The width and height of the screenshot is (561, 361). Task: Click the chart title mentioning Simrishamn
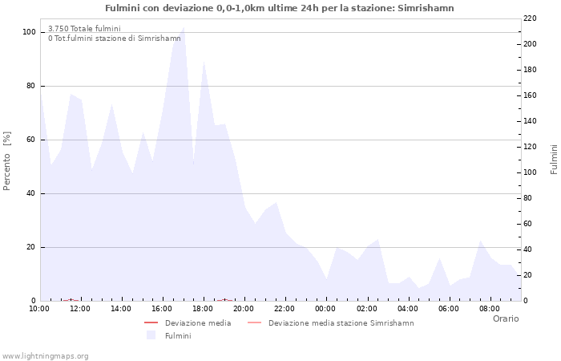(x=279, y=8)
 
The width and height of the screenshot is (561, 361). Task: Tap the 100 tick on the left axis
(x=29, y=32)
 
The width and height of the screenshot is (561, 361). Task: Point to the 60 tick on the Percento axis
(x=31, y=140)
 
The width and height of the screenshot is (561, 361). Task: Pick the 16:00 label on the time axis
(x=162, y=309)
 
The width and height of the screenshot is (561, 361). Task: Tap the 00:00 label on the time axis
(x=325, y=309)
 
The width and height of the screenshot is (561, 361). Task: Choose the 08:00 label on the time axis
(x=489, y=309)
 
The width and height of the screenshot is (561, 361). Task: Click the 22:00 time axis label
(x=285, y=309)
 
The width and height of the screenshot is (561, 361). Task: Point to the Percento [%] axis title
(x=8, y=160)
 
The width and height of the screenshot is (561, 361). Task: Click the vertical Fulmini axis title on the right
(x=554, y=159)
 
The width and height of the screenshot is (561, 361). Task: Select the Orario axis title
(x=506, y=318)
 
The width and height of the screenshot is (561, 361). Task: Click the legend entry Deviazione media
(x=197, y=323)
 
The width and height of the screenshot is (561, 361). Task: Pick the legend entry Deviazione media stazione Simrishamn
(x=341, y=323)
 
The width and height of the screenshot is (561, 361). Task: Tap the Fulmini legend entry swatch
(x=151, y=335)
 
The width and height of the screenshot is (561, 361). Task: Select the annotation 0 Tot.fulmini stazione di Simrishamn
(x=114, y=39)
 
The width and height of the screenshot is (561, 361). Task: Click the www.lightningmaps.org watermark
(x=45, y=355)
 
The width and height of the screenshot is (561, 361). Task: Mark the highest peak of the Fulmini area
(x=184, y=27)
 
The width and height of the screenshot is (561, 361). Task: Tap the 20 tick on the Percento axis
(x=31, y=247)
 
